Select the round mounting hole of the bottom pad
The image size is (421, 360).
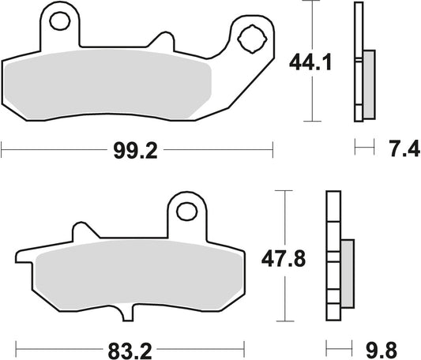pyautogui.click(x=186, y=211)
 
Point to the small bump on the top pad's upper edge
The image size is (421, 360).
pyautogui.click(x=164, y=41)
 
